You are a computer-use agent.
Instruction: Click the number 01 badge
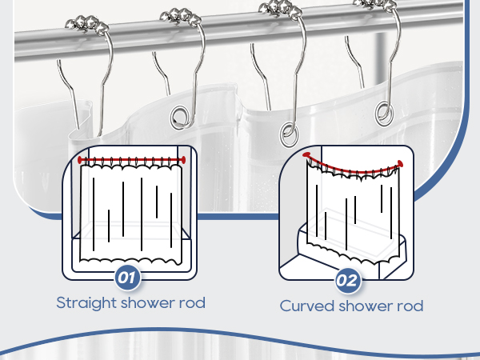(128, 278)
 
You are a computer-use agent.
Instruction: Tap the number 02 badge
(348, 281)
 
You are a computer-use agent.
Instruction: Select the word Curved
(306, 306)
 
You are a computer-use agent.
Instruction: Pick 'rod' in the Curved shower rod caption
(410, 306)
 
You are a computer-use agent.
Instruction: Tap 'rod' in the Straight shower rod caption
(192, 302)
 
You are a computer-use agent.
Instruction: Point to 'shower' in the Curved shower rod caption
(366, 306)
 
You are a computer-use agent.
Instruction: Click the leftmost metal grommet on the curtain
(181, 118)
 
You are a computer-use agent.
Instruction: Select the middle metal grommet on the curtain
(289, 134)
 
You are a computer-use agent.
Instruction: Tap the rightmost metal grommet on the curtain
(384, 113)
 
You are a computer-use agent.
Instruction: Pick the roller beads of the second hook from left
(181, 16)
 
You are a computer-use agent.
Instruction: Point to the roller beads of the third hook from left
(280, 8)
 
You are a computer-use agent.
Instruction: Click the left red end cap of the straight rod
(81, 160)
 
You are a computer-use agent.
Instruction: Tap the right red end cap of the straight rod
(183, 160)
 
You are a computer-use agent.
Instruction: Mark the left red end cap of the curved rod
(307, 155)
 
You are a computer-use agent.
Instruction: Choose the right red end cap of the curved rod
(399, 164)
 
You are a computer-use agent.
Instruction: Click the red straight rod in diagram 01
(132, 160)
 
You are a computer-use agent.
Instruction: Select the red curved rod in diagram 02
(352, 171)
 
